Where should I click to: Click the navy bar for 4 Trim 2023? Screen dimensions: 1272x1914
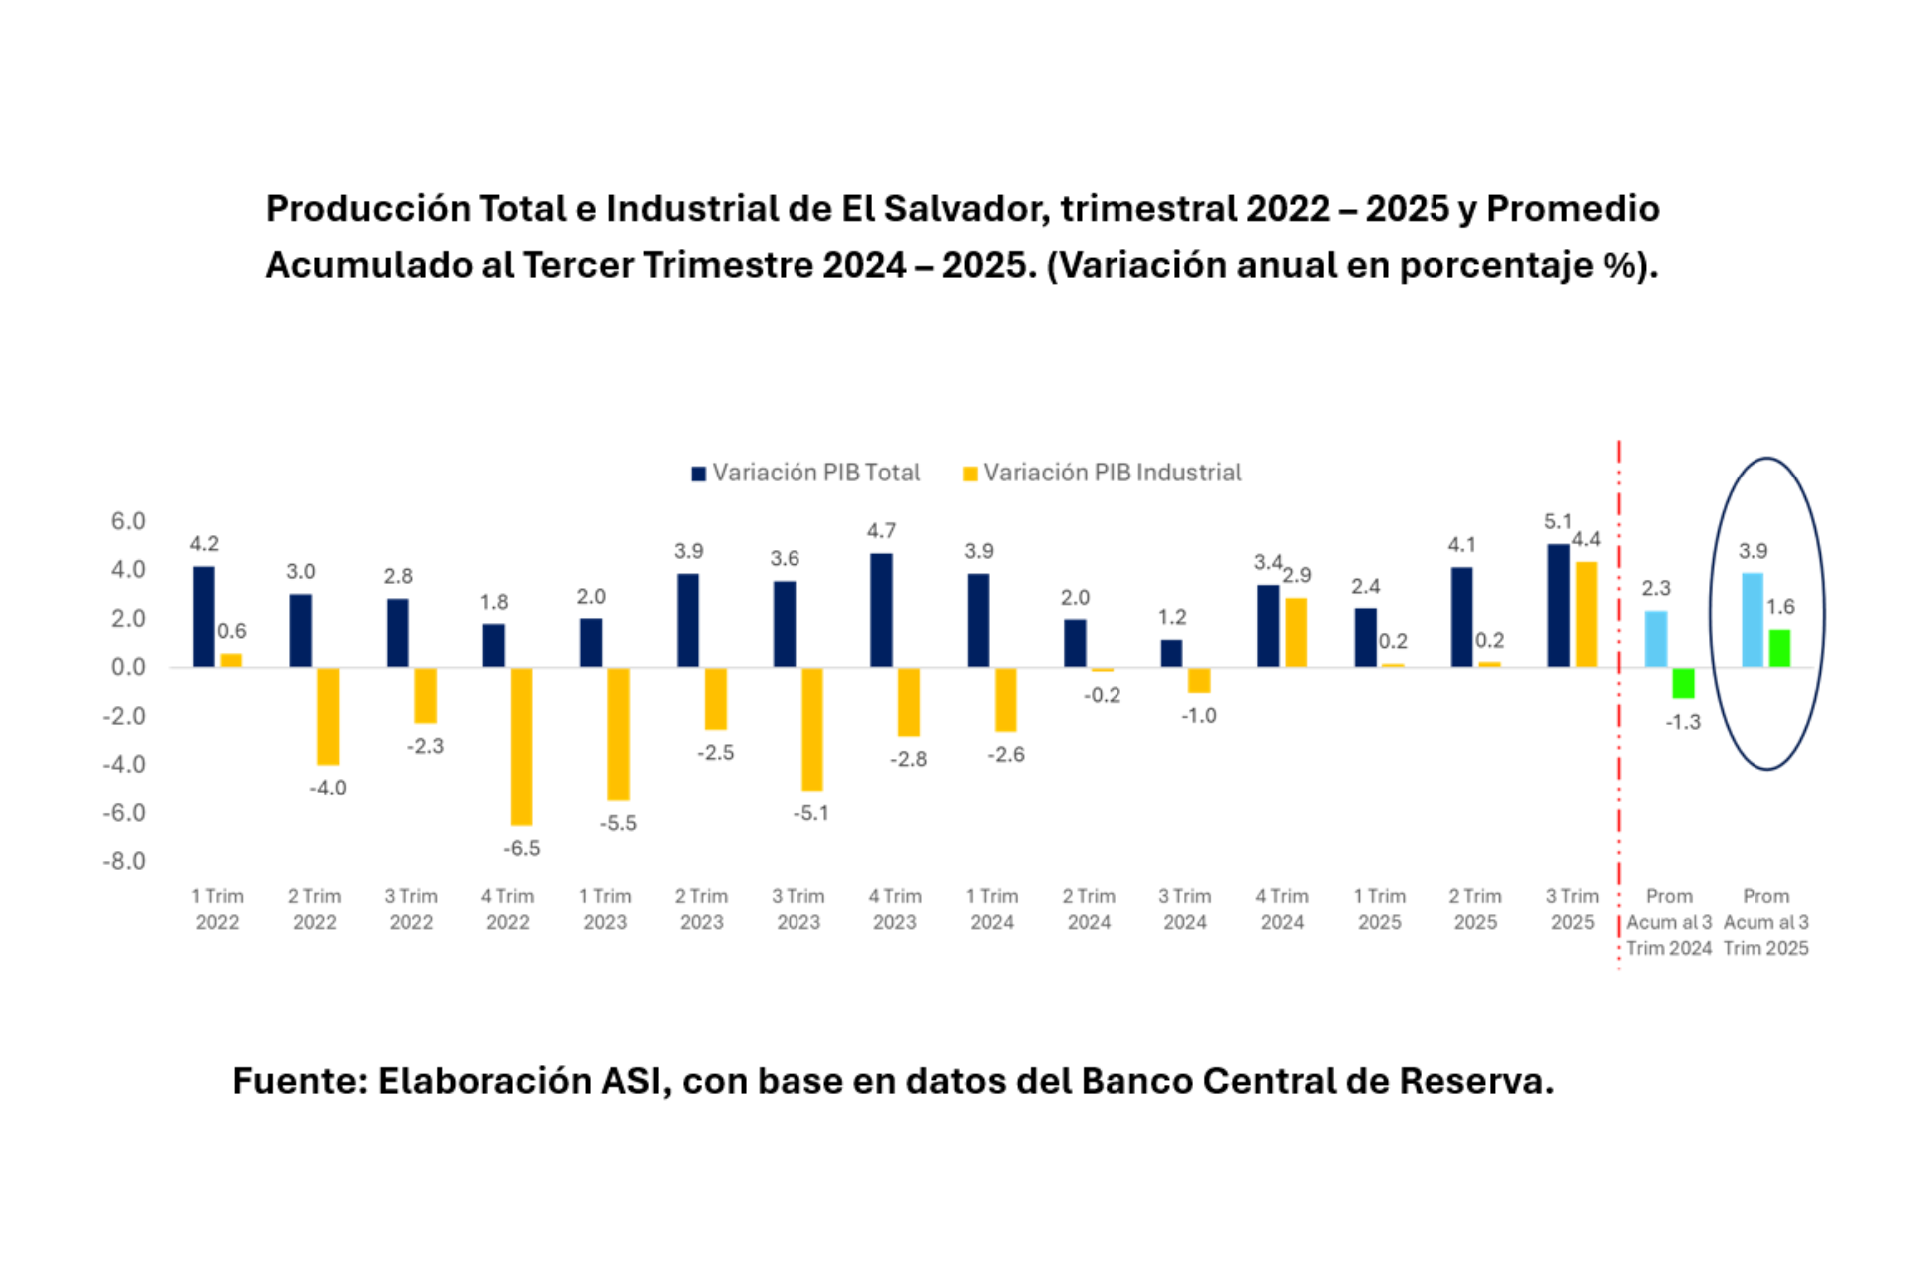click(881, 610)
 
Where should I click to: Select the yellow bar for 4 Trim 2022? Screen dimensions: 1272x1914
click(521, 746)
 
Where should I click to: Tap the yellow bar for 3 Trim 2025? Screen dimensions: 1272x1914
click(1586, 614)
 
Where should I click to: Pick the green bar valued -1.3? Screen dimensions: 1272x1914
click(1683, 683)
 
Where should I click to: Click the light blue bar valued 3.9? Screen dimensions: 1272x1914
click(1752, 619)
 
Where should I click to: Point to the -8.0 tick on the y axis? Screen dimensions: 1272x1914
click(124, 861)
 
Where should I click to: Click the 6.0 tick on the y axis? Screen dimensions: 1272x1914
click(128, 521)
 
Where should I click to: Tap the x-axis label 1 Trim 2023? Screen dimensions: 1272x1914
click(605, 909)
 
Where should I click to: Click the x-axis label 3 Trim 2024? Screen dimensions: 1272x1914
click(1185, 909)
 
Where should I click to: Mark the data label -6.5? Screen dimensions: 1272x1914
click(521, 848)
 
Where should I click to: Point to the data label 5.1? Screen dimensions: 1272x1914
click(1557, 521)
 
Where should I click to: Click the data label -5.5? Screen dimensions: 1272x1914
click(618, 823)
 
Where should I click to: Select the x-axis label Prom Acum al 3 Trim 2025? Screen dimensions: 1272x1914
click(1765, 922)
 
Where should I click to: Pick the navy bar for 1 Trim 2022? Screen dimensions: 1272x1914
click(203, 616)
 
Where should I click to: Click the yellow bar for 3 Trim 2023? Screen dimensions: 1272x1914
click(812, 729)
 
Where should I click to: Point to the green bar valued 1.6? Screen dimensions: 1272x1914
click(1779, 648)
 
